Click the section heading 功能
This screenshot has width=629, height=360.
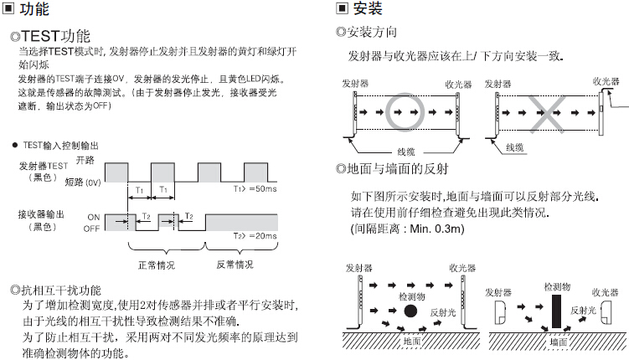coord(34,10)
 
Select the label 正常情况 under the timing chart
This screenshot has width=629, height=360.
coord(157,265)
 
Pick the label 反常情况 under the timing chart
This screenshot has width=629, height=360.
coord(235,265)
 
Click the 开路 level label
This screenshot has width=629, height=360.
coord(85,159)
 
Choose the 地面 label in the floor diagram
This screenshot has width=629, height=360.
coord(412,342)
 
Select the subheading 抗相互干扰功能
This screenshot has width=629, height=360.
coord(60,290)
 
